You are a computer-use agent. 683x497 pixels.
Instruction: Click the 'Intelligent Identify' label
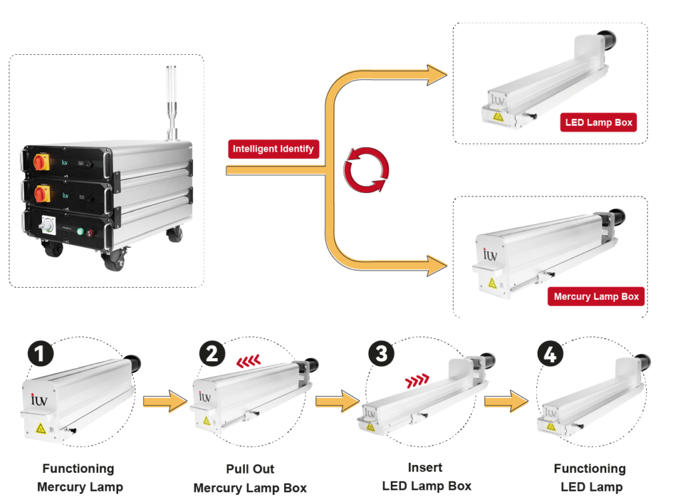(x=273, y=149)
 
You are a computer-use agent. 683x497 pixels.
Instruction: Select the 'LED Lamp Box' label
(x=598, y=123)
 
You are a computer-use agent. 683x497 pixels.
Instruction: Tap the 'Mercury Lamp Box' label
(x=596, y=297)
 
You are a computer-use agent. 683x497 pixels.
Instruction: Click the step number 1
(x=40, y=353)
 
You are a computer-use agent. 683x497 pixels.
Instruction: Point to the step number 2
(x=211, y=353)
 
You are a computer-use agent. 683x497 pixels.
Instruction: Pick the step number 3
(x=381, y=353)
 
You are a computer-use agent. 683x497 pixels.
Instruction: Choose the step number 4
(x=550, y=355)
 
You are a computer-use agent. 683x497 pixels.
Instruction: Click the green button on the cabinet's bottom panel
(x=80, y=232)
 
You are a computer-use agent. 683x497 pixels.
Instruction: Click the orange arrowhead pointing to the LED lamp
(x=438, y=73)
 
